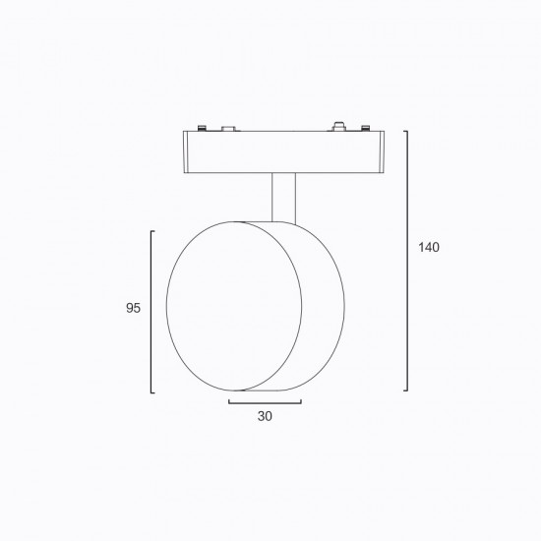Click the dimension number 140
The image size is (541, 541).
429,247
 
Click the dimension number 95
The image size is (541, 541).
133,308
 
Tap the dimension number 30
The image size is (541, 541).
265,416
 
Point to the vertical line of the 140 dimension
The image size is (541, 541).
407,261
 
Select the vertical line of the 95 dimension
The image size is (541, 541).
151,312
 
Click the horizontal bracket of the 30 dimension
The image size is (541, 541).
265,402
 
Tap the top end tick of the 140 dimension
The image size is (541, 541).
405,131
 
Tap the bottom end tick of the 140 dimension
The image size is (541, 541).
405,391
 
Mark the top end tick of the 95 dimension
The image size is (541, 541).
152,231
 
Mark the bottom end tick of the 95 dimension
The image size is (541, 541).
152,392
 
